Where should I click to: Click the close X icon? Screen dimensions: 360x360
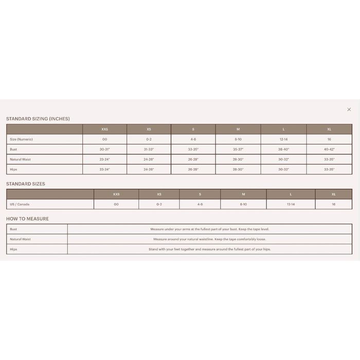click(349, 110)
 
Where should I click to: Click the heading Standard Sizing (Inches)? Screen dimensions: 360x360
click(38, 119)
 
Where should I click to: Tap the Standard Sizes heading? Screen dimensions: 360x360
click(26, 184)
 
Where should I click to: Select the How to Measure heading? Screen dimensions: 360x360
click(27, 219)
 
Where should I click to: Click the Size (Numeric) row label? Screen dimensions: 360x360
click(21, 139)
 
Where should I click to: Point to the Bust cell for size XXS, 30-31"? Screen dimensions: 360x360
click(104, 149)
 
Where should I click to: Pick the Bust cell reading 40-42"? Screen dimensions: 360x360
click(329, 149)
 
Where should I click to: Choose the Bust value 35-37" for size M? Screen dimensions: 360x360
click(238, 149)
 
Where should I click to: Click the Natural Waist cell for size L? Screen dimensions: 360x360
click(283, 159)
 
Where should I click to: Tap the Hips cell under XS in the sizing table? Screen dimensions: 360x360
click(149, 169)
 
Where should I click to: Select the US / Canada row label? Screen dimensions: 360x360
click(20, 204)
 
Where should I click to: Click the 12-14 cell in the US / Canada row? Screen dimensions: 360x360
click(291, 204)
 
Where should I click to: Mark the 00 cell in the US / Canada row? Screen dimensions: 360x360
click(116, 204)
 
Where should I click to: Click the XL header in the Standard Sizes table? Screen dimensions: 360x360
click(334, 194)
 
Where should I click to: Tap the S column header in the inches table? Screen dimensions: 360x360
click(193, 129)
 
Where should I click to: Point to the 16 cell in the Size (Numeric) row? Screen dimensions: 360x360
click(329, 139)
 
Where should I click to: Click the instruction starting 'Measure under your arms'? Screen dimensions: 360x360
click(209, 229)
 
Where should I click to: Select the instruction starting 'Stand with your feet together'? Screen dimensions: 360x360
click(209, 249)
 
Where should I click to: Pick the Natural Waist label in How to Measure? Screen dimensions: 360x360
click(20, 239)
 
